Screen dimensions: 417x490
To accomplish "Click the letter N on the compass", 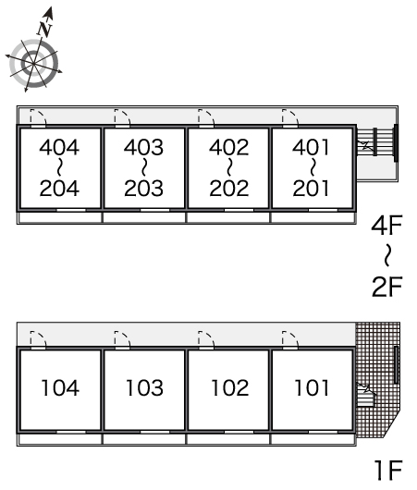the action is coord(44,30).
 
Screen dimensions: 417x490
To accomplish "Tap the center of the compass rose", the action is coord(33,64).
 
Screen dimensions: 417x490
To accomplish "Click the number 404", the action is coord(59,147).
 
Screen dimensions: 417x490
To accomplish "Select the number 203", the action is coord(143,189).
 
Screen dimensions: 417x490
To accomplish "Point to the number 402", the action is coord(228,147).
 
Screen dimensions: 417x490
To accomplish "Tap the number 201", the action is coord(311,189).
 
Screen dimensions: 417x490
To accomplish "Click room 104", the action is coord(60,387).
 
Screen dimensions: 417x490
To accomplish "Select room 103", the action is coord(144,387).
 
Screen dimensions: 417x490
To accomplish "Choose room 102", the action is coord(229,387).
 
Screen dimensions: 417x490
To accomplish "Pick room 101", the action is coord(312,387).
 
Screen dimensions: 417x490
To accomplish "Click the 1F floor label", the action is coord(388,471).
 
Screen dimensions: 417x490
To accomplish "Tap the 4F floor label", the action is coord(386,225).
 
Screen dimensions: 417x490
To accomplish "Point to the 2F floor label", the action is coord(386,287).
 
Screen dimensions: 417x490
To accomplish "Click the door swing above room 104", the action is coord(38,339).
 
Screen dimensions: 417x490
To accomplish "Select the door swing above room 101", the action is coord(289,339).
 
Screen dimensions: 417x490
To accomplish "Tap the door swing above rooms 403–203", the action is coord(122,117).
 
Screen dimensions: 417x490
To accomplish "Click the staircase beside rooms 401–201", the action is coord(376,141).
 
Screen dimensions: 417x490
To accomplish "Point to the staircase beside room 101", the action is coord(365,395).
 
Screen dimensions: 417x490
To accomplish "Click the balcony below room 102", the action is coord(227,439).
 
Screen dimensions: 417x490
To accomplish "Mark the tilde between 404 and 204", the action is coord(59,168).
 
